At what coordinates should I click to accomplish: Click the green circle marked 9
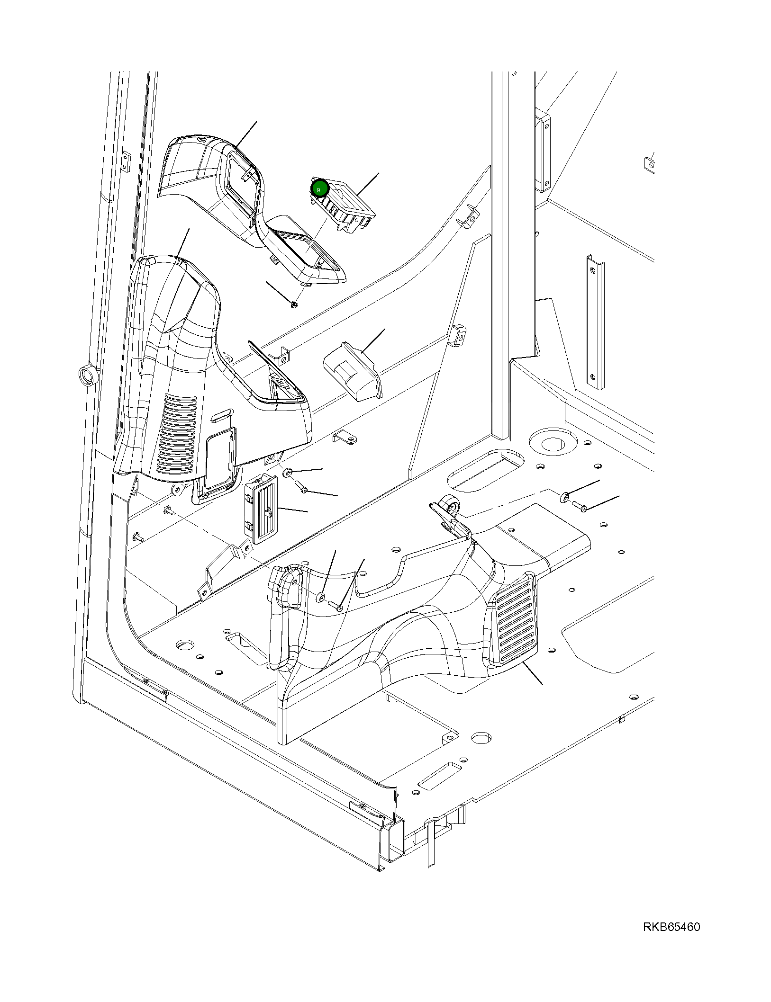click(x=318, y=189)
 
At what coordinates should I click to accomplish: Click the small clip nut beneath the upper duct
click(x=294, y=304)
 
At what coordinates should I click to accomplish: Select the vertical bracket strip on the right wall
click(x=595, y=322)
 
